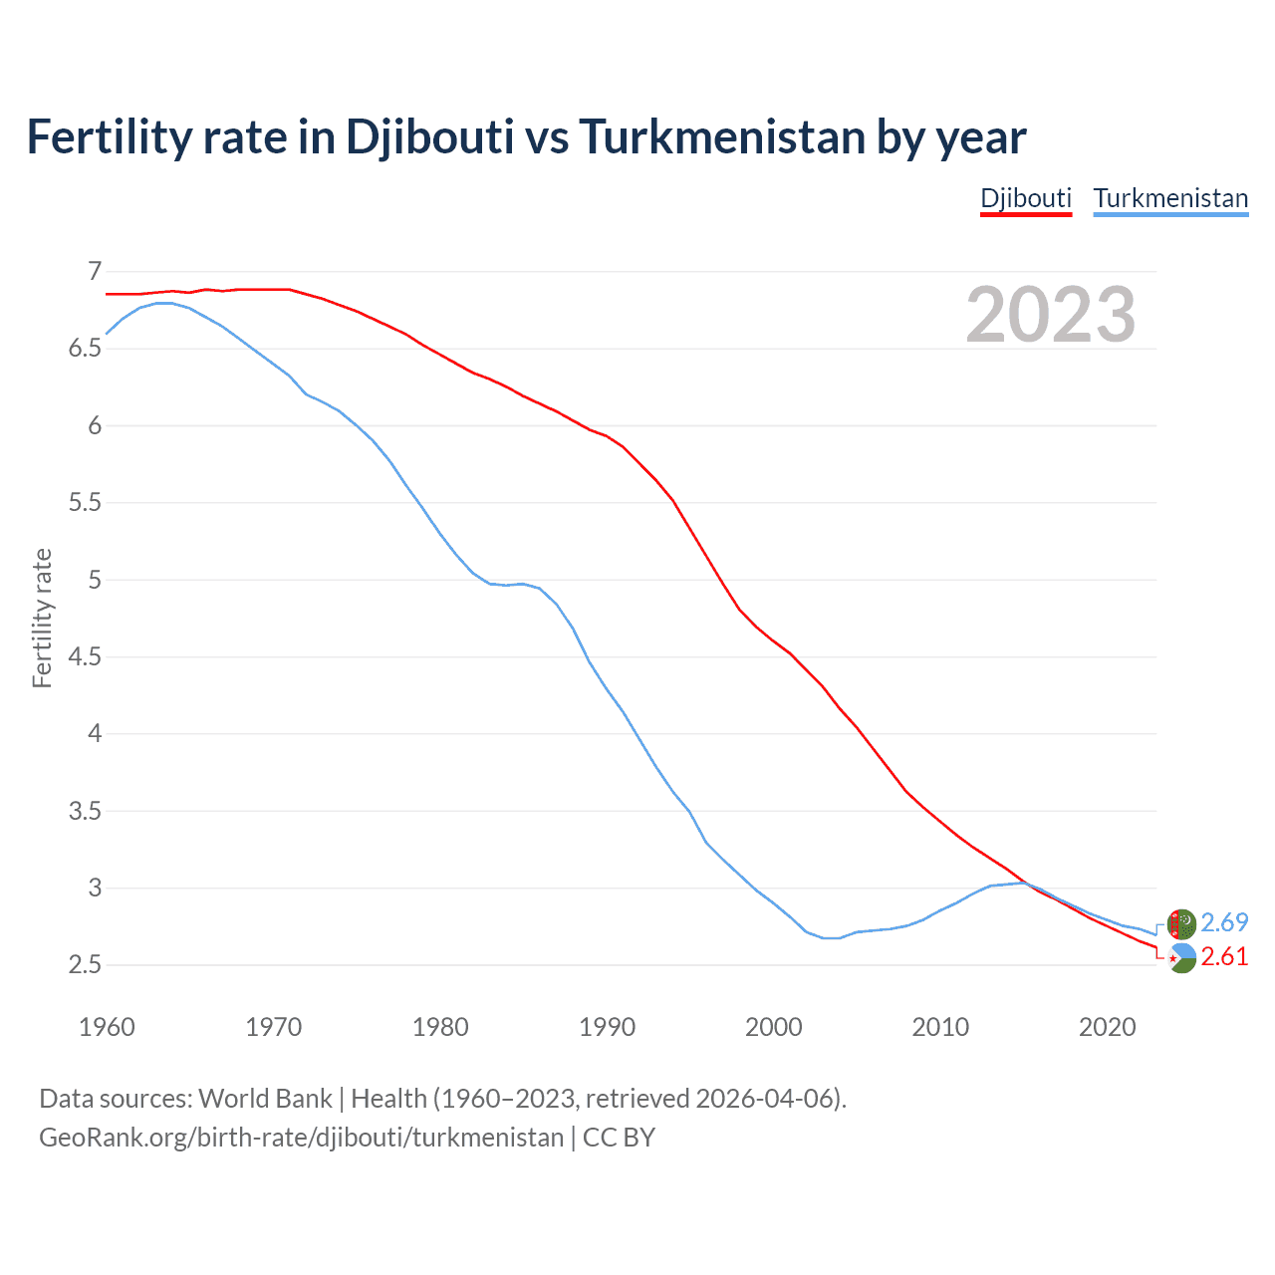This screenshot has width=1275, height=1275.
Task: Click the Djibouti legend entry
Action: point(1026,198)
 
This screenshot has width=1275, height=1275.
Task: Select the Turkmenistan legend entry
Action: point(1170,198)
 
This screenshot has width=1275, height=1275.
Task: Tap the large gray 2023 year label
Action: point(1051,315)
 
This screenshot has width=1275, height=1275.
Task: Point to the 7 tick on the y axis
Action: point(95,271)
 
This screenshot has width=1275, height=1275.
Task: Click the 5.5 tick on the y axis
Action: point(86,503)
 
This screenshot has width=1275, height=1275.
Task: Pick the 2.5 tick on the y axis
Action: point(86,965)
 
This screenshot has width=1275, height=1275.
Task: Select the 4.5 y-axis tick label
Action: point(86,657)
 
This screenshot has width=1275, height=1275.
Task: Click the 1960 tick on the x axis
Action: point(107,1027)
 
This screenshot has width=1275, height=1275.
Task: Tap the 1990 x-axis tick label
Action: point(607,1027)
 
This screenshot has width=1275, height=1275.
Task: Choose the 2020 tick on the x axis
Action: point(1107,1027)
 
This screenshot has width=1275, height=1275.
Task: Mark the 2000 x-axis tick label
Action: point(774,1027)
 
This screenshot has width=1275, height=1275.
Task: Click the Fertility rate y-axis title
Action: point(42,618)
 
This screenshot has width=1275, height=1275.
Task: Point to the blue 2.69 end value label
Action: point(1224,922)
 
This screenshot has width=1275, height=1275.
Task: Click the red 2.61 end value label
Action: point(1224,957)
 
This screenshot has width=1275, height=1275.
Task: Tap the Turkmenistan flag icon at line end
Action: point(1181,923)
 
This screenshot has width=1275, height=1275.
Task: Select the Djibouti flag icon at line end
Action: point(1181,958)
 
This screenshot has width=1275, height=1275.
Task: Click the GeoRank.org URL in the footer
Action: point(301,1138)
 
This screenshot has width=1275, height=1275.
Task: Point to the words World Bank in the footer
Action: point(265,1099)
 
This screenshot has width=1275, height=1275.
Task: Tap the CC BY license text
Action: point(619,1138)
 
